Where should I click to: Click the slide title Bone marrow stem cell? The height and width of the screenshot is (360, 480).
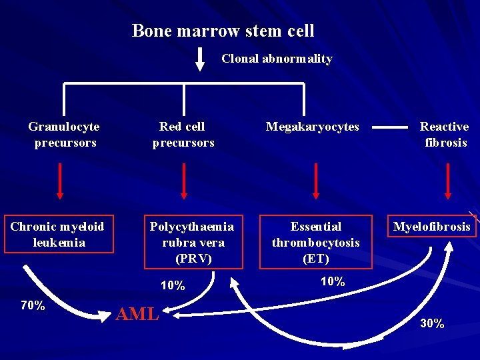point(223,31)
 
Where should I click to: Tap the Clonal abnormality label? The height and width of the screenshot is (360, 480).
point(277,59)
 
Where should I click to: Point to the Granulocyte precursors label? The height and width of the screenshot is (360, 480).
point(64,135)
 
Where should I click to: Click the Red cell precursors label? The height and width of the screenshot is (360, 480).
point(183,135)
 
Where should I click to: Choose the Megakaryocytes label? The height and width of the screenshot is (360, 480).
point(312,127)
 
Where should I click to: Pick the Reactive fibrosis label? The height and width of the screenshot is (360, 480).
point(445,135)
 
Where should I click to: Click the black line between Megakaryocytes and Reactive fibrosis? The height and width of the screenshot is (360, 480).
point(389,127)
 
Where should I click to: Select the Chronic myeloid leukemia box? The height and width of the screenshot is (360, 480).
point(57,235)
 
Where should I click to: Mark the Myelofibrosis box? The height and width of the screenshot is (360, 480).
point(431,227)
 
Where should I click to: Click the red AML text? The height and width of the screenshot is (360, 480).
point(137,314)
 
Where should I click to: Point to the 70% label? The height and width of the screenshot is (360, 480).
point(33,306)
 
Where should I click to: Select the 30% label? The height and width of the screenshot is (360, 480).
point(432,324)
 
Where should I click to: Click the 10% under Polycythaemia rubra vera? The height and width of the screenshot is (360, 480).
point(173,285)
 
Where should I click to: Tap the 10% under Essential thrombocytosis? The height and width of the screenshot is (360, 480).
point(333,281)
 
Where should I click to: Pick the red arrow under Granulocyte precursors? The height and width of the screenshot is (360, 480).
point(60,181)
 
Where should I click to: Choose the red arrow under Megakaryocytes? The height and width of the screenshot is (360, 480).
point(316,181)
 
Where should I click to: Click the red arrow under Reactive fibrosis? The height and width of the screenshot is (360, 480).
point(447,181)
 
